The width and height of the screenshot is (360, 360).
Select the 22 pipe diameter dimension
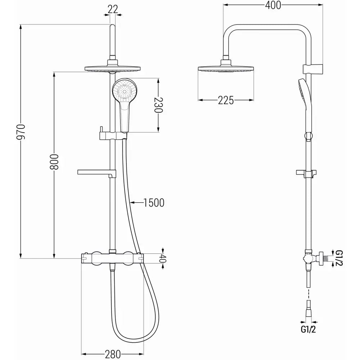click(113, 9)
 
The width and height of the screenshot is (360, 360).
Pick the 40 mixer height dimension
click(163, 258)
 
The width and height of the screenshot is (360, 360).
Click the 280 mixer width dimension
click(113, 354)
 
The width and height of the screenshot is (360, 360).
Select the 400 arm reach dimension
click(273, 5)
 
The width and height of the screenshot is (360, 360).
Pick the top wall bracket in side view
click(312, 68)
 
